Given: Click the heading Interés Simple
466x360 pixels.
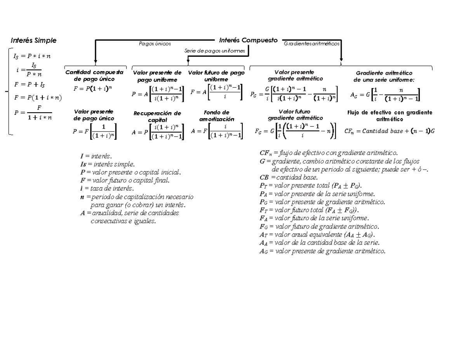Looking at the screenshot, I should (33, 40).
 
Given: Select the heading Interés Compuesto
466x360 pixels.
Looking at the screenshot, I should (248, 40).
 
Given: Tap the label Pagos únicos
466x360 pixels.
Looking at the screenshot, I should (155, 44).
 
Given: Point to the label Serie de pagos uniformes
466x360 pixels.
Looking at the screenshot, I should (214, 51).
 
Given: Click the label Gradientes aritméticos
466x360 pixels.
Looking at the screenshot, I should (312, 44).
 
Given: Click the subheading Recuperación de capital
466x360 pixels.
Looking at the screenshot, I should (157, 117).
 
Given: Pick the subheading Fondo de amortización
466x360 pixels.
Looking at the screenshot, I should (217, 116).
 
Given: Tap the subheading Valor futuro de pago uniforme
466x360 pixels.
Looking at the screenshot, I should (216, 76).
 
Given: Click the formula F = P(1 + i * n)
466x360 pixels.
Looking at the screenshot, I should (38, 97).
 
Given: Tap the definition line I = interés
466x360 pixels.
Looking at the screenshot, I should (96, 156).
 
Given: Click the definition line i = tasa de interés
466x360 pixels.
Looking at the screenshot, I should (107, 189).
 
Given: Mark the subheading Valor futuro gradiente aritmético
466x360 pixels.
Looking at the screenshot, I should (295, 115).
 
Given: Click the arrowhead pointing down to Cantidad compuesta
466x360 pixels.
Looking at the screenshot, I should (96, 61).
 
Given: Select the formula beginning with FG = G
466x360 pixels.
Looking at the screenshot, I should (295, 131).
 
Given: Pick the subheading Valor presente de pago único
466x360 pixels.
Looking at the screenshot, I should (94, 115).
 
